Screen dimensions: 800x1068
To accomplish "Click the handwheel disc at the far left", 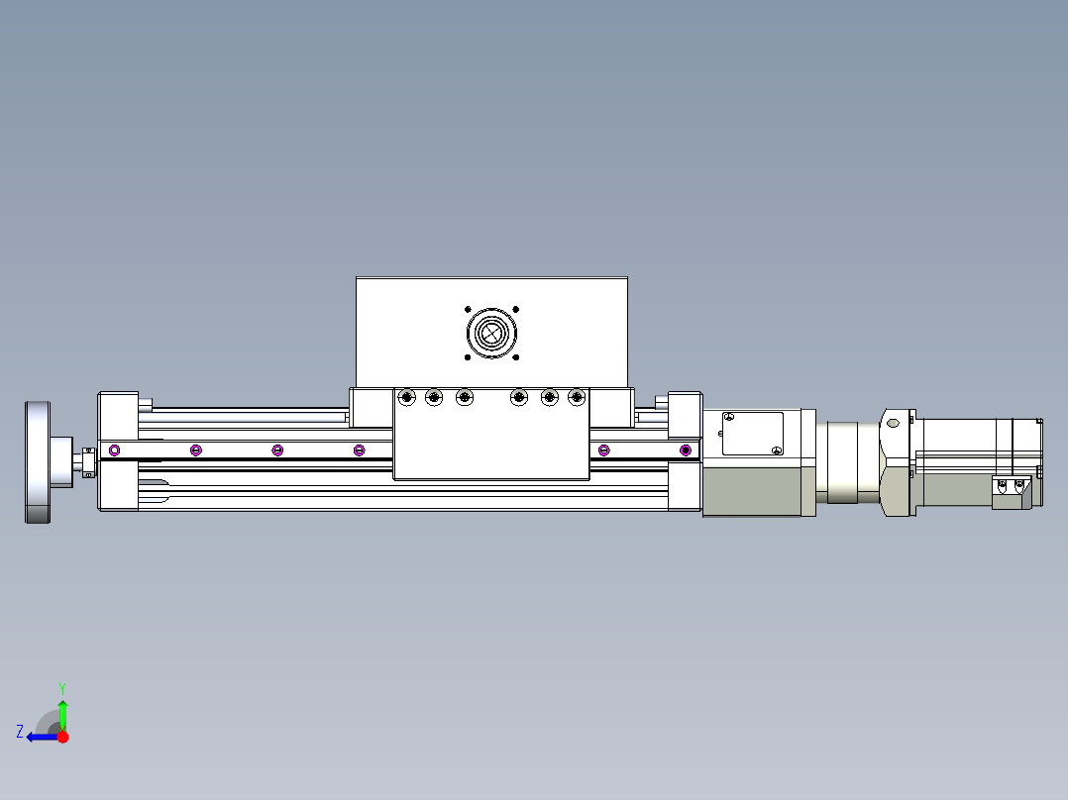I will coord(38,461).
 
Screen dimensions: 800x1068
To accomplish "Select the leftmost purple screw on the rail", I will coord(114,450).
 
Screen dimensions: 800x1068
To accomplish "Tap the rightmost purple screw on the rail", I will coord(685,450).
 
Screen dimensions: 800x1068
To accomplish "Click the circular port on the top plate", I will coord(490,333).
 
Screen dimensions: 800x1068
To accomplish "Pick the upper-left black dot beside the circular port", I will coord(467,309).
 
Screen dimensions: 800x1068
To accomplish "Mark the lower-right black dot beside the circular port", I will coord(515,357).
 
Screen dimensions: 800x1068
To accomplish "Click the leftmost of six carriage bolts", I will coord(405,397).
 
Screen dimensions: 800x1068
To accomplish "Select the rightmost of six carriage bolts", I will coord(576,397).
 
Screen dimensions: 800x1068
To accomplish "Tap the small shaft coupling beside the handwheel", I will coord(88,462).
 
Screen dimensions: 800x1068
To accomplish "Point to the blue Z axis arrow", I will coord(40,737).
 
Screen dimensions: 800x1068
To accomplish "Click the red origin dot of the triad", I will coord(62,737).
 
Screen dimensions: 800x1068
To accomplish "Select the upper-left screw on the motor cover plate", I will coord(729,418).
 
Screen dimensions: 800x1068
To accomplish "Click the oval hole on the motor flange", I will coord(893,423).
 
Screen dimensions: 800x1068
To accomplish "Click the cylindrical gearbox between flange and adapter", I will coord(846,461).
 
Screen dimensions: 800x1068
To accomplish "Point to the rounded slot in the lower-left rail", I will coord(154,484).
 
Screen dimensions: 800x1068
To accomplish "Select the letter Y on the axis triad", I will coord(61,687).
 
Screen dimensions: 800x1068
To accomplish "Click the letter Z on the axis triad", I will coord(20,732).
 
